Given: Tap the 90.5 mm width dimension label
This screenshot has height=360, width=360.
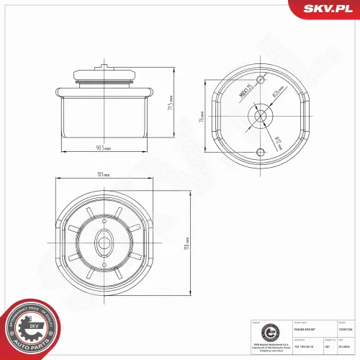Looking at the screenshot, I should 103,148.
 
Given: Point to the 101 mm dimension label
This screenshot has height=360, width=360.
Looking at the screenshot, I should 103,174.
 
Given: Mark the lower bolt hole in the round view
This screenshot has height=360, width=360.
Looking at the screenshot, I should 261,149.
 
